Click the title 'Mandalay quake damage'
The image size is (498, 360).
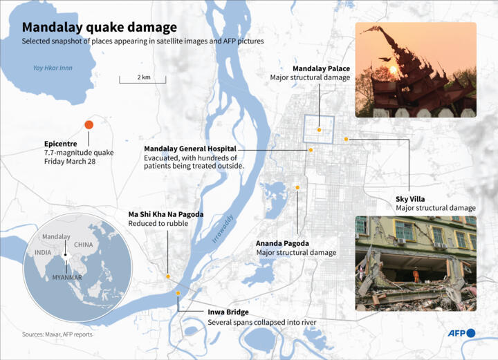coord(99,28)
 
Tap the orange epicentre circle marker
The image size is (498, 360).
coord(89,124)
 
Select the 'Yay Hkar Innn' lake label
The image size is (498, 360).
coord(53,68)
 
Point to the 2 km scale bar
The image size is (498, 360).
coord(143,82)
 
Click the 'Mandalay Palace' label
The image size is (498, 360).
coord(321,68)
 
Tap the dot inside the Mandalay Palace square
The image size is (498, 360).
coord(319,129)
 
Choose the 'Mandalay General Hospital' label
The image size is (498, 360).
coord(190,149)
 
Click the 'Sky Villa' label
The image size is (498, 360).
coord(410,199)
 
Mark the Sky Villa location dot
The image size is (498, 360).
coord(347,139)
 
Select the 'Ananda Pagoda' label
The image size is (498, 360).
coord(282,243)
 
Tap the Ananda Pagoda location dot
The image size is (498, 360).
coord(297,187)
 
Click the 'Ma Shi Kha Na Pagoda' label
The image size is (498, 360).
coord(166,214)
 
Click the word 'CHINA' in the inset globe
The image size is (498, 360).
coord(83,245)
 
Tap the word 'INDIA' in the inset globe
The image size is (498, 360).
coord(42,253)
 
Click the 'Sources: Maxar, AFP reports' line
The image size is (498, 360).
coord(57,334)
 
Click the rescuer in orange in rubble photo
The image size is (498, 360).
coord(416,275)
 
